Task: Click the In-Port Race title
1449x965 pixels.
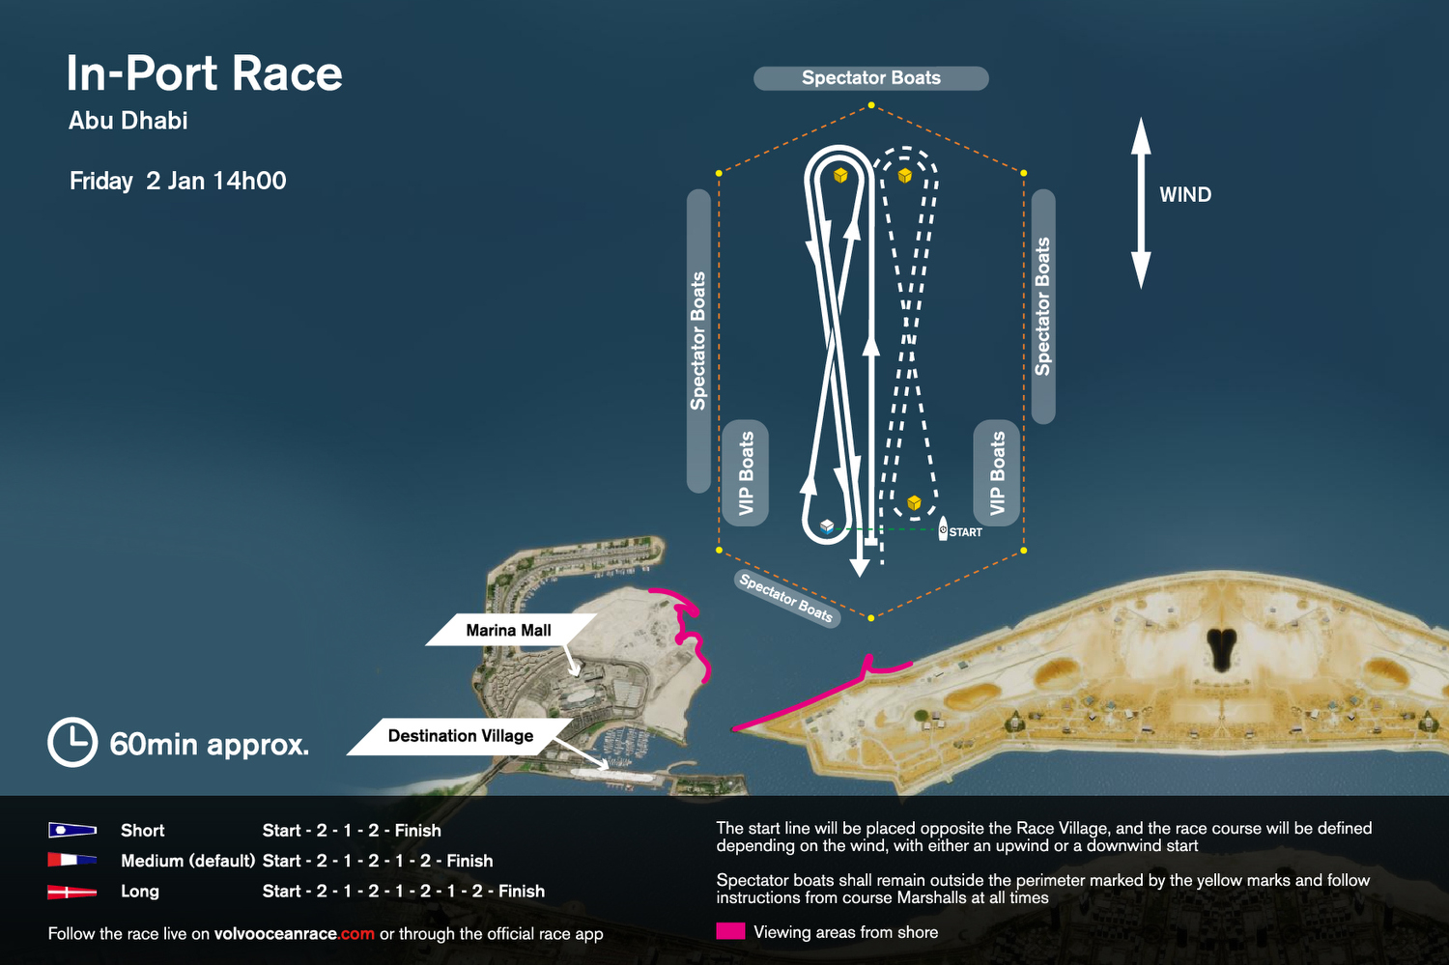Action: pos(204,73)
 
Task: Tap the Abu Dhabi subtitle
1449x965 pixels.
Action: pos(128,121)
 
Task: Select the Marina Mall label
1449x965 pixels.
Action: pos(508,630)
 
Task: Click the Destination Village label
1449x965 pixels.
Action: pos(460,736)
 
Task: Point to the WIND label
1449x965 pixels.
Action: pos(1185,195)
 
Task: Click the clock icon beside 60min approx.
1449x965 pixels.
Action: pos(72,743)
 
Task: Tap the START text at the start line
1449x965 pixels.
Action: pos(965,532)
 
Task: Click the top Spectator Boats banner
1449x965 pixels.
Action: pos(870,78)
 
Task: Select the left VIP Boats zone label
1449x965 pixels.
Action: pos(746,473)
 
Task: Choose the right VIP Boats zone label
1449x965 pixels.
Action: pos(997,473)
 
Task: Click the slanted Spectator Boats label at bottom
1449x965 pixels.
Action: pos(785,597)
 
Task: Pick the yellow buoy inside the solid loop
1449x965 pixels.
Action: pos(840,175)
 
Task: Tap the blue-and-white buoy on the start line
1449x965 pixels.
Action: pos(827,526)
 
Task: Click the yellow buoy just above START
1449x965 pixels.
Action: pos(914,502)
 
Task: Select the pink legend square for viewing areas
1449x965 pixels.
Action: pos(730,931)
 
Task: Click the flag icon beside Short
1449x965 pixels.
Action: pos(72,830)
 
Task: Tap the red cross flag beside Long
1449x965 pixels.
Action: pos(72,892)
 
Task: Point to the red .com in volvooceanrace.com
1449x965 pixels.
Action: pos(356,934)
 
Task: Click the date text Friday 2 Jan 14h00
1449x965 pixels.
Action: pos(178,182)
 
